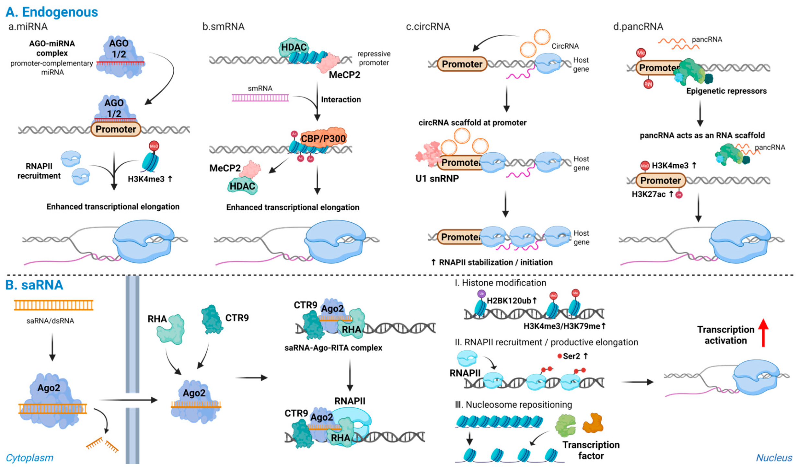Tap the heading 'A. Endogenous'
click(x=52, y=12)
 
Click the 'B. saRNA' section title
click(x=34, y=285)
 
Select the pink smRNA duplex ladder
click(x=260, y=98)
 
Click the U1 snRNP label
click(x=437, y=178)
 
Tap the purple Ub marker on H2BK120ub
click(x=481, y=294)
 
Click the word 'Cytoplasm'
click(x=29, y=457)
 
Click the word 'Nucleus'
click(x=773, y=457)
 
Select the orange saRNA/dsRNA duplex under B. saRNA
click(x=53, y=305)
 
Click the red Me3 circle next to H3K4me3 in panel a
click(x=154, y=146)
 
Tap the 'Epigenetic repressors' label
click(x=726, y=91)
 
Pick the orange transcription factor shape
click(x=592, y=423)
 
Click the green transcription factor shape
click(x=565, y=425)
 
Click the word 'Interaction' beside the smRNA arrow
click(x=341, y=100)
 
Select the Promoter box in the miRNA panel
click(x=116, y=129)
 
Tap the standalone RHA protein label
click(x=157, y=319)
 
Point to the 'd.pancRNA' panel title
click(x=638, y=27)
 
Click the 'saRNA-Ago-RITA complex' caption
click(x=333, y=347)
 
